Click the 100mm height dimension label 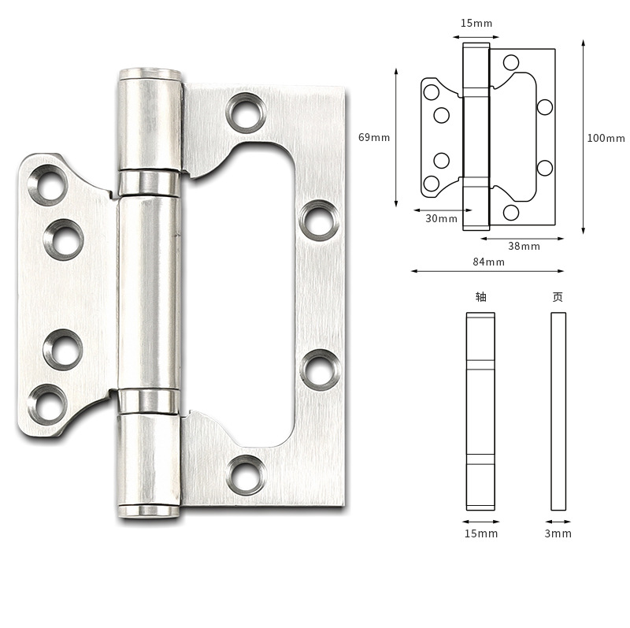[606, 139]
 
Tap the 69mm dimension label [374, 138]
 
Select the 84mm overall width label [488, 262]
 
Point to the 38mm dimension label [524, 246]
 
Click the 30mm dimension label [441, 218]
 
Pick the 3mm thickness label [558, 533]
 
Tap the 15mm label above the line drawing [476, 23]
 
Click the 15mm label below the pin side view [481, 533]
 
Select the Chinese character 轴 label [481, 297]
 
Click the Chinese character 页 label [558, 297]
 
